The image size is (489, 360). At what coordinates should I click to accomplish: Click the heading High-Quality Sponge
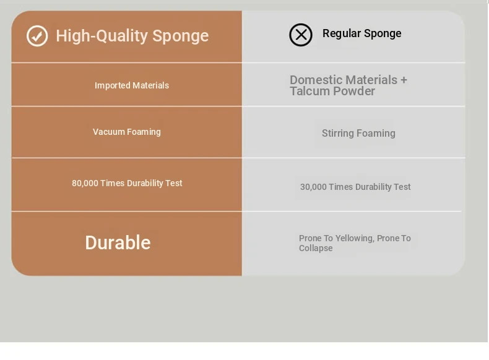point(132,36)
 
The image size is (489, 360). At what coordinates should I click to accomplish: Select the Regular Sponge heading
point(361,33)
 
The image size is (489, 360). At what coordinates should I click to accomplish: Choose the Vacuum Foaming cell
point(127,132)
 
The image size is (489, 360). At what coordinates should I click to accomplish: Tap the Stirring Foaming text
point(358,134)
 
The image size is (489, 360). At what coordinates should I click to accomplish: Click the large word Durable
point(118,242)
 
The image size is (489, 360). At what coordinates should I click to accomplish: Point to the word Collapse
point(316,249)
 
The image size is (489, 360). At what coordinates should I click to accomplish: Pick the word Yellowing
point(355,238)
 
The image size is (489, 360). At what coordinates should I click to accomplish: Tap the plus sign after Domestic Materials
point(404,80)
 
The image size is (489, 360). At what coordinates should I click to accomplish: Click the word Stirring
point(338,134)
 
